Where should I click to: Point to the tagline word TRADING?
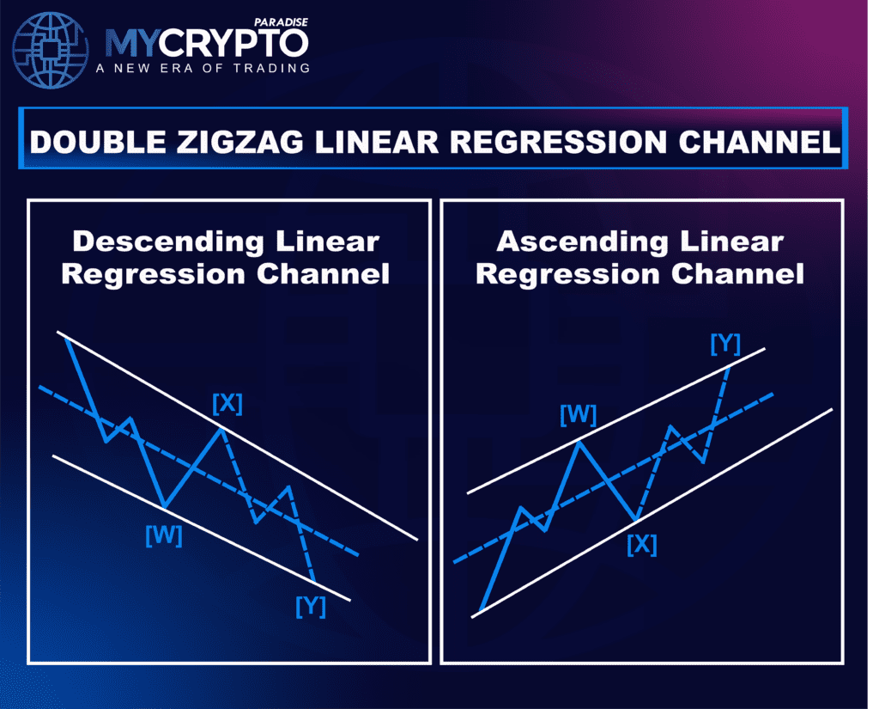(x=271, y=69)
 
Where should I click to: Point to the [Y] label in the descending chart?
(x=311, y=606)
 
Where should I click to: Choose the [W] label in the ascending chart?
(x=578, y=415)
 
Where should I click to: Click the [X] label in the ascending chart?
(x=641, y=544)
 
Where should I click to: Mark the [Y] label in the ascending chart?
(x=725, y=343)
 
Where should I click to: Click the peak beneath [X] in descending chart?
(x=221, y=427)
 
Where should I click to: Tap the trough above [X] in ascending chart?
(x=636, y=520)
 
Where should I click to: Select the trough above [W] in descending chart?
(x=163, y=506)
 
